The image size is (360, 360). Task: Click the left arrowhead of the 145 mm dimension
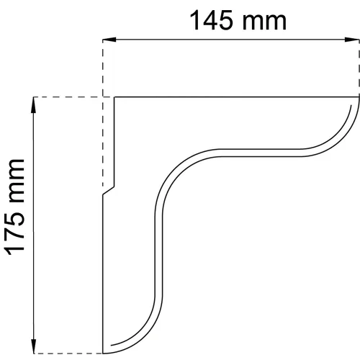pyautogui.click(x=109, y=41)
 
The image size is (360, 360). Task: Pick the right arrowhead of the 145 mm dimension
pyautogui.click(x=352, y=41)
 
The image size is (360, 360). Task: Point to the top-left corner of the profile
pyautogui.click(x=115, y=97)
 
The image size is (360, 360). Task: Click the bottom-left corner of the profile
pyautogui.click(x=104, y=352)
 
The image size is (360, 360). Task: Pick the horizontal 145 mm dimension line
pyautogui.click(x=230, y=41)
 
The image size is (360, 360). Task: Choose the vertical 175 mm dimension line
pyautogui.click(x=34, y=288)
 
